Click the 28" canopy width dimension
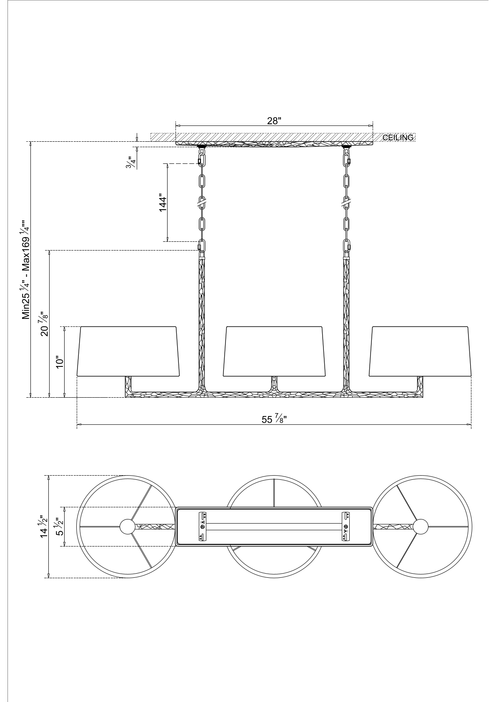pos(274,121)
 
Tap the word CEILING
pos(398,138)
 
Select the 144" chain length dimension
pos(163,204)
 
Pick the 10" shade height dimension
pos(59,362)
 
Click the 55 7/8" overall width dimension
pos(274,419)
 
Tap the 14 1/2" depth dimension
pos(43,526)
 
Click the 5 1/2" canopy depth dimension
pos(59,526)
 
